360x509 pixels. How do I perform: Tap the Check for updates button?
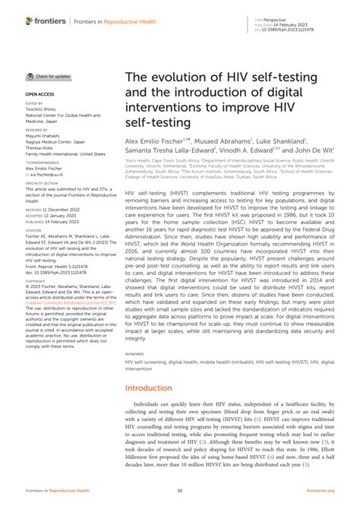(x=49, y=77)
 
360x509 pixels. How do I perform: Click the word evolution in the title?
(x=185, y=80)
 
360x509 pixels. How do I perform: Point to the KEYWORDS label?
(x=134, y=353)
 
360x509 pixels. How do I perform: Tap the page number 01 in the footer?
(x=180, y=492)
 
